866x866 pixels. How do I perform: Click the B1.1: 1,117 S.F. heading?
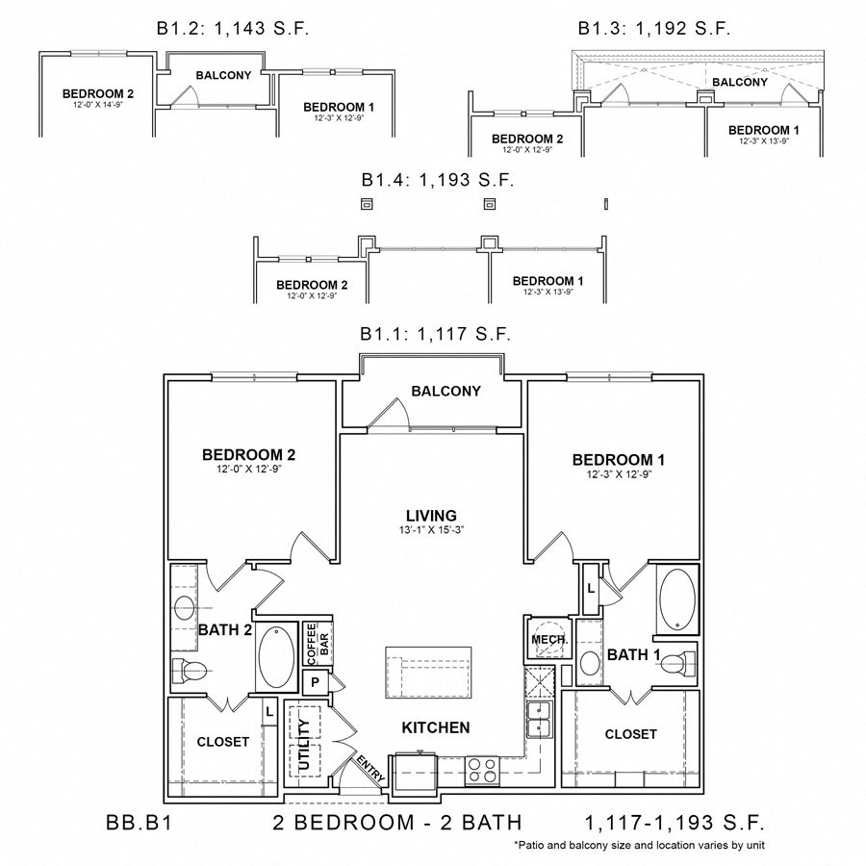tap(435, 335)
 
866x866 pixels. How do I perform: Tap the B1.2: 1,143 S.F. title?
tap(231, 29)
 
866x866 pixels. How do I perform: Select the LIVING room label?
tap(431, 516)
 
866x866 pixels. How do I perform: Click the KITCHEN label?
tap(437, 727)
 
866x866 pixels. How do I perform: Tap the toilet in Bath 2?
tap(189, 670)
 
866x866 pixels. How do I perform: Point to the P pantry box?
tap(313, 682)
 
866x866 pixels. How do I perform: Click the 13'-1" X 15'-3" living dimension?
tap(431, 530)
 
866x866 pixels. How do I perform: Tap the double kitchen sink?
tap(539, 717)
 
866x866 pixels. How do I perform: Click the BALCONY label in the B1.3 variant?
tap(740, 82)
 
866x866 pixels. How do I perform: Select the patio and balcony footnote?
tap(640, 845)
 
